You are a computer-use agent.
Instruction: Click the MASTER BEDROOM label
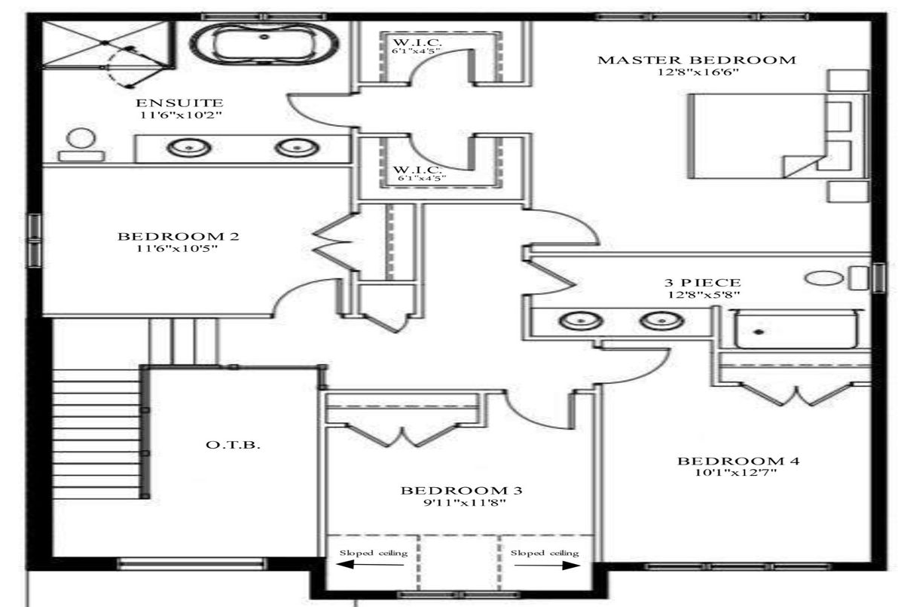697,60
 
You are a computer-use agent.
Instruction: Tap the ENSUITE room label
179,103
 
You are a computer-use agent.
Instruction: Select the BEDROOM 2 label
178,236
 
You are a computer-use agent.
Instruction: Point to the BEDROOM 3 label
461,491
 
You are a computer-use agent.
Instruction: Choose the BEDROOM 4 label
738,461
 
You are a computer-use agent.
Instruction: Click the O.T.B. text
233,445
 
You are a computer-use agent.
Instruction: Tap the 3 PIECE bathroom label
703,282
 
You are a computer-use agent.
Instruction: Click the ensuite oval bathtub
264,43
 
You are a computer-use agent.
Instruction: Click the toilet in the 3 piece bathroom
837,277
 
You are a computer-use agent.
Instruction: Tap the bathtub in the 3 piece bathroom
796,330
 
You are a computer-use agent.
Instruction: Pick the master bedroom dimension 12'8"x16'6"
698,72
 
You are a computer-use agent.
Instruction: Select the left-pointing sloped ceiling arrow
370,565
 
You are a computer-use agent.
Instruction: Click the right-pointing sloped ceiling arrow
547,566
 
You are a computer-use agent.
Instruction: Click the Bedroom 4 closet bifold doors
796,394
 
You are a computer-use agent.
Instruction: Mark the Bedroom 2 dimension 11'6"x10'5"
177,248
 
